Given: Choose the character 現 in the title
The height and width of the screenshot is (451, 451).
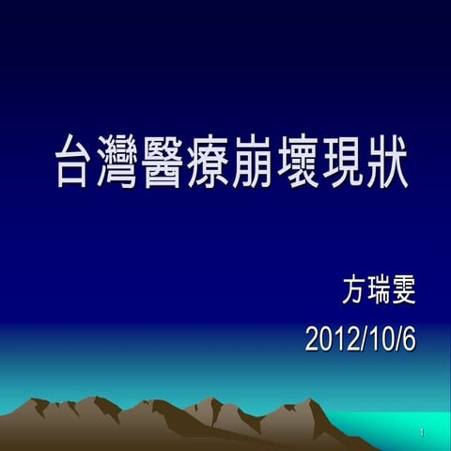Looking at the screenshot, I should pyautogui.click(x=343, y=163).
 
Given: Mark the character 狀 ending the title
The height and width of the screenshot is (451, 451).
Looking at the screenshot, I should pyautogui.click(x=387, y=163).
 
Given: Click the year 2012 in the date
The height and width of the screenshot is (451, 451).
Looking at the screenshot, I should pyautogui.click(x=329, y=339).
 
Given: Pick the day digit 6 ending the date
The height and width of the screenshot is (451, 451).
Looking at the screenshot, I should pyautogui.click(x=408, y=339).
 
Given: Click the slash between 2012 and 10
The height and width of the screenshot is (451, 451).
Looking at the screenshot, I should pyautogui.click(x=358, y=339).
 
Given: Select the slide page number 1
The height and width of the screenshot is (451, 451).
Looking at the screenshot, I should pyautogui.click(x=424, y=432).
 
